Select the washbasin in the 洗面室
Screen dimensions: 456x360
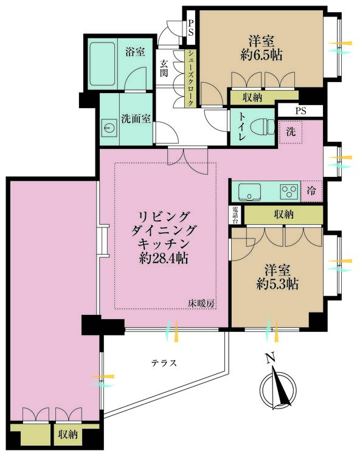(110, 128)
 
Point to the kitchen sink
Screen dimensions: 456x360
(250, 192)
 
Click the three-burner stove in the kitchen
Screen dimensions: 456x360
(288, 192)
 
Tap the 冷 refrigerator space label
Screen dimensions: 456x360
(312, 191)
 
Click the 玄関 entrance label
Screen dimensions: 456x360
(164, 67)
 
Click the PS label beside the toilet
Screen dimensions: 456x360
(300, 111)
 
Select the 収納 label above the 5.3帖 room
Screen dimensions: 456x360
(283, 214)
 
